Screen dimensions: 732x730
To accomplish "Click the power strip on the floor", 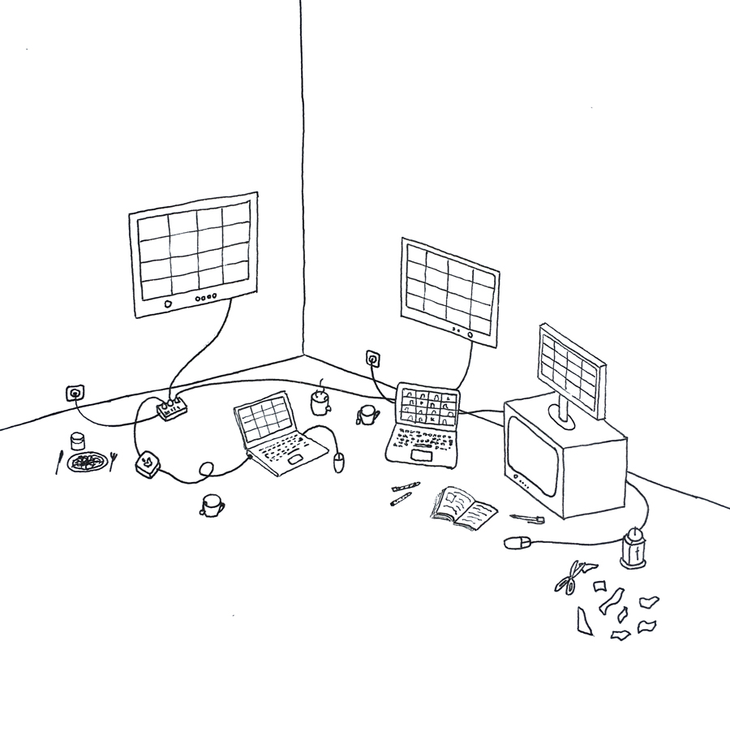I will point(172,408).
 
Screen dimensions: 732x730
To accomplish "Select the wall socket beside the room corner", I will point(373,358).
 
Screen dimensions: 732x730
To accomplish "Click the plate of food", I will point(87,463).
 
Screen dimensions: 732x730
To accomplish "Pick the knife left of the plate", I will point(58,463).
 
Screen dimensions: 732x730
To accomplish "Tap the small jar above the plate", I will point(78,441).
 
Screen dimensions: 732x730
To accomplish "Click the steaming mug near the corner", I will point(320,401).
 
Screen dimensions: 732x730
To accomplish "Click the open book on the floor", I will point(463,506).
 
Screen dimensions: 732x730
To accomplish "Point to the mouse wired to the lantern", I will point(517,541).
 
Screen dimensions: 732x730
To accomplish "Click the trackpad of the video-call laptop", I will point(422,456).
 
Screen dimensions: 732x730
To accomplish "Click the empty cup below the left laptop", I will point(211,506).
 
